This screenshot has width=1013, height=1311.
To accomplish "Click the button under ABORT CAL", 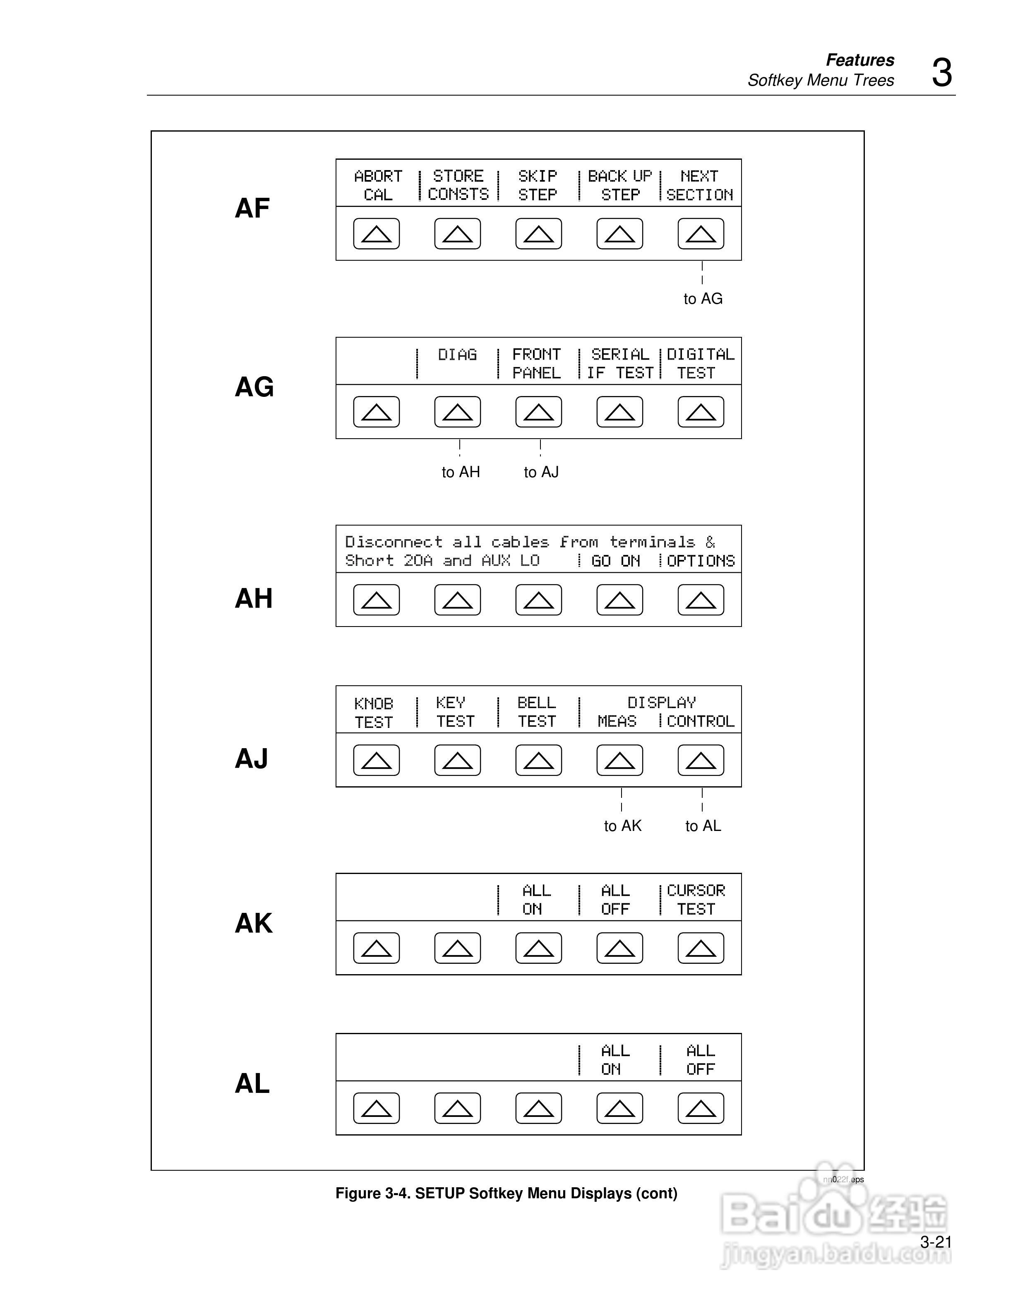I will point(376,233).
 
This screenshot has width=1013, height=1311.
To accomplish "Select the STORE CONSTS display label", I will point(458,185).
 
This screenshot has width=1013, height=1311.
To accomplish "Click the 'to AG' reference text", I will point(703,298).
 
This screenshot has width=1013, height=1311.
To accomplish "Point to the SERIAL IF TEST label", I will point(620,363).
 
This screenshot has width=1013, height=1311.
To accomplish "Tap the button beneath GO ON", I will point(619,600).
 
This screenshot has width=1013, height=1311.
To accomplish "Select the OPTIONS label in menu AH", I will point(700,561).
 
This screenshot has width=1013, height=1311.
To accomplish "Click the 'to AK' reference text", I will point(622,826).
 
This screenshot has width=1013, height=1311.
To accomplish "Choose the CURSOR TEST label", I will point(696,899).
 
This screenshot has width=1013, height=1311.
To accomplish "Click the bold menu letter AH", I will point(253,598).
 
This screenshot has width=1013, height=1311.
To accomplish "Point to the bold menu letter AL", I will point(252,1083).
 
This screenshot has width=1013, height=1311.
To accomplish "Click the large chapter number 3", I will point(941,73).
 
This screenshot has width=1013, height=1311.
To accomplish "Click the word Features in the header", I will point(859,60).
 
